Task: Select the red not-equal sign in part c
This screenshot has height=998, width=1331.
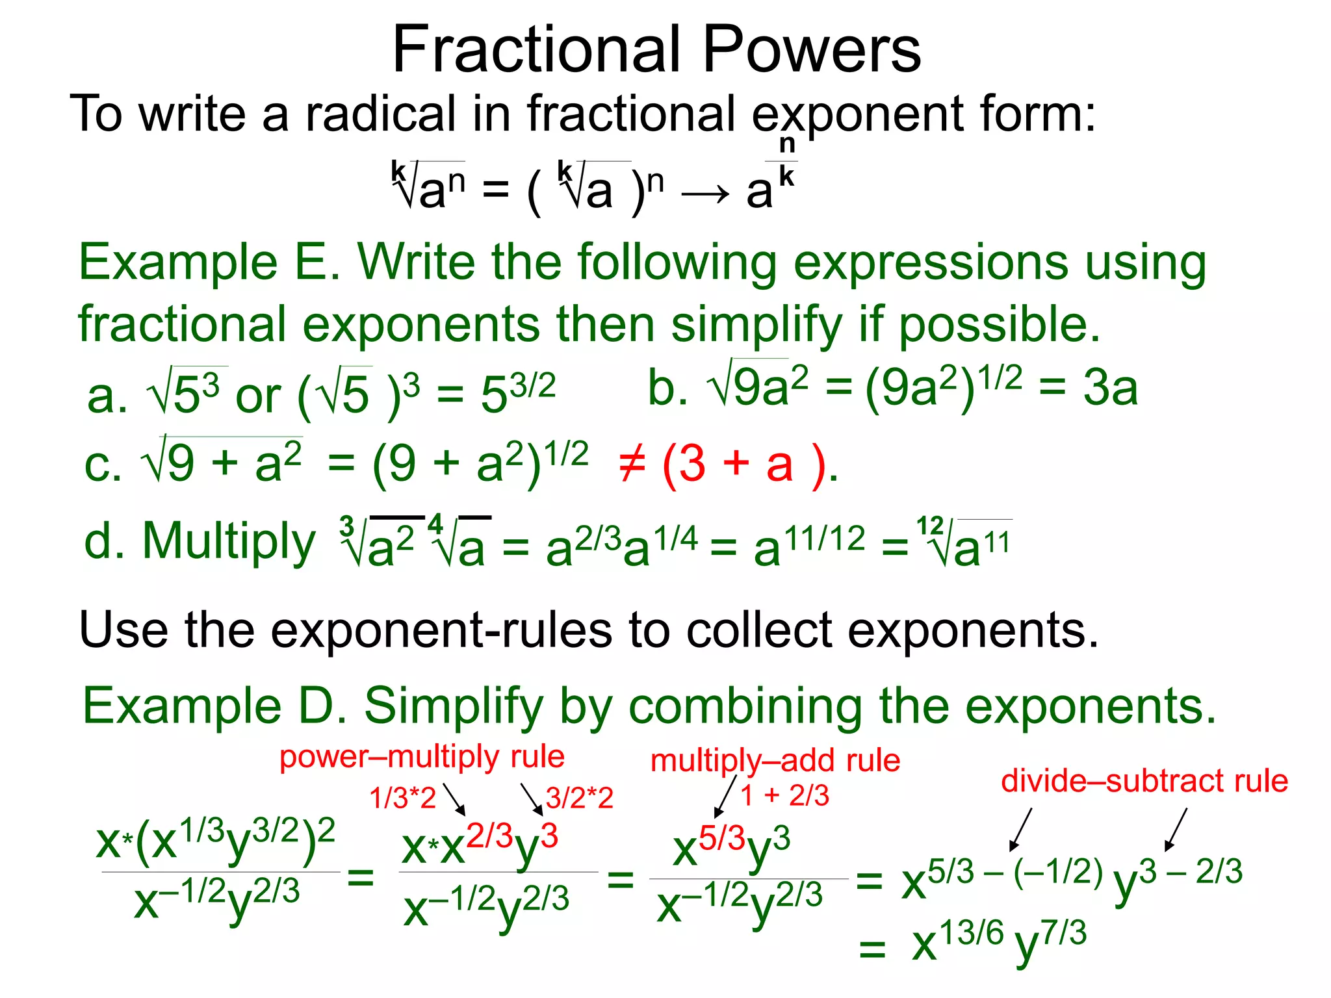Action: click(x=632, y=465)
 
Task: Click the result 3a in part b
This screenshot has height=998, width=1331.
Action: click(x=1110, y=389)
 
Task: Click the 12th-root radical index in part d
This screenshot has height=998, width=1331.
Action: click(x=930, y=525)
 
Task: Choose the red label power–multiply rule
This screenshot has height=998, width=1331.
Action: click(x=422, y=757)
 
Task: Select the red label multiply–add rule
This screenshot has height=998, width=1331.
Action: click(x=775, y=760)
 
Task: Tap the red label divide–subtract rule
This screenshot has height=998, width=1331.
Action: click(x=1144, y=780)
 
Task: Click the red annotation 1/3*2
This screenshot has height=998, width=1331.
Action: click(x=402, y=798)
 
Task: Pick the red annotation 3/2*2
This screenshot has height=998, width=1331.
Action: click(x=580, y=798)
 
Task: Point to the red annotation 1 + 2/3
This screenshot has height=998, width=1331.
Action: click(x=784, y=795)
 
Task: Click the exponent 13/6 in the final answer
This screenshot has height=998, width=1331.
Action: click(x=972, y=934)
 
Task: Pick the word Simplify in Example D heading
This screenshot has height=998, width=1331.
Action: click(x=453, y=707)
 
